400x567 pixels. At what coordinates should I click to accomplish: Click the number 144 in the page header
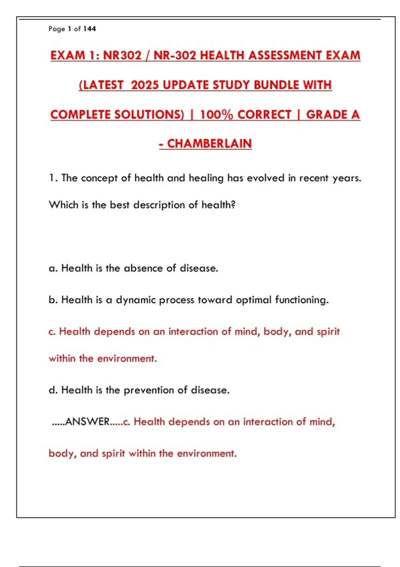click(x=89, y=29)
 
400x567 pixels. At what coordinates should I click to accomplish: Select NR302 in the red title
click(x=122, y=55)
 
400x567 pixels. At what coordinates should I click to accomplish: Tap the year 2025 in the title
click(x=145, y=85)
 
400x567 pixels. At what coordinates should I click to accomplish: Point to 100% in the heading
click(x=216, y=115)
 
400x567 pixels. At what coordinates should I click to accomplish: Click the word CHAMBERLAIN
click(x=209, y=144)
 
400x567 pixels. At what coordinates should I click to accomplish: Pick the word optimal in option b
click(x=254, y=300)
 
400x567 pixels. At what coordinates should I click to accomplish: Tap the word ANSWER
click(x=87, y=422)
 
